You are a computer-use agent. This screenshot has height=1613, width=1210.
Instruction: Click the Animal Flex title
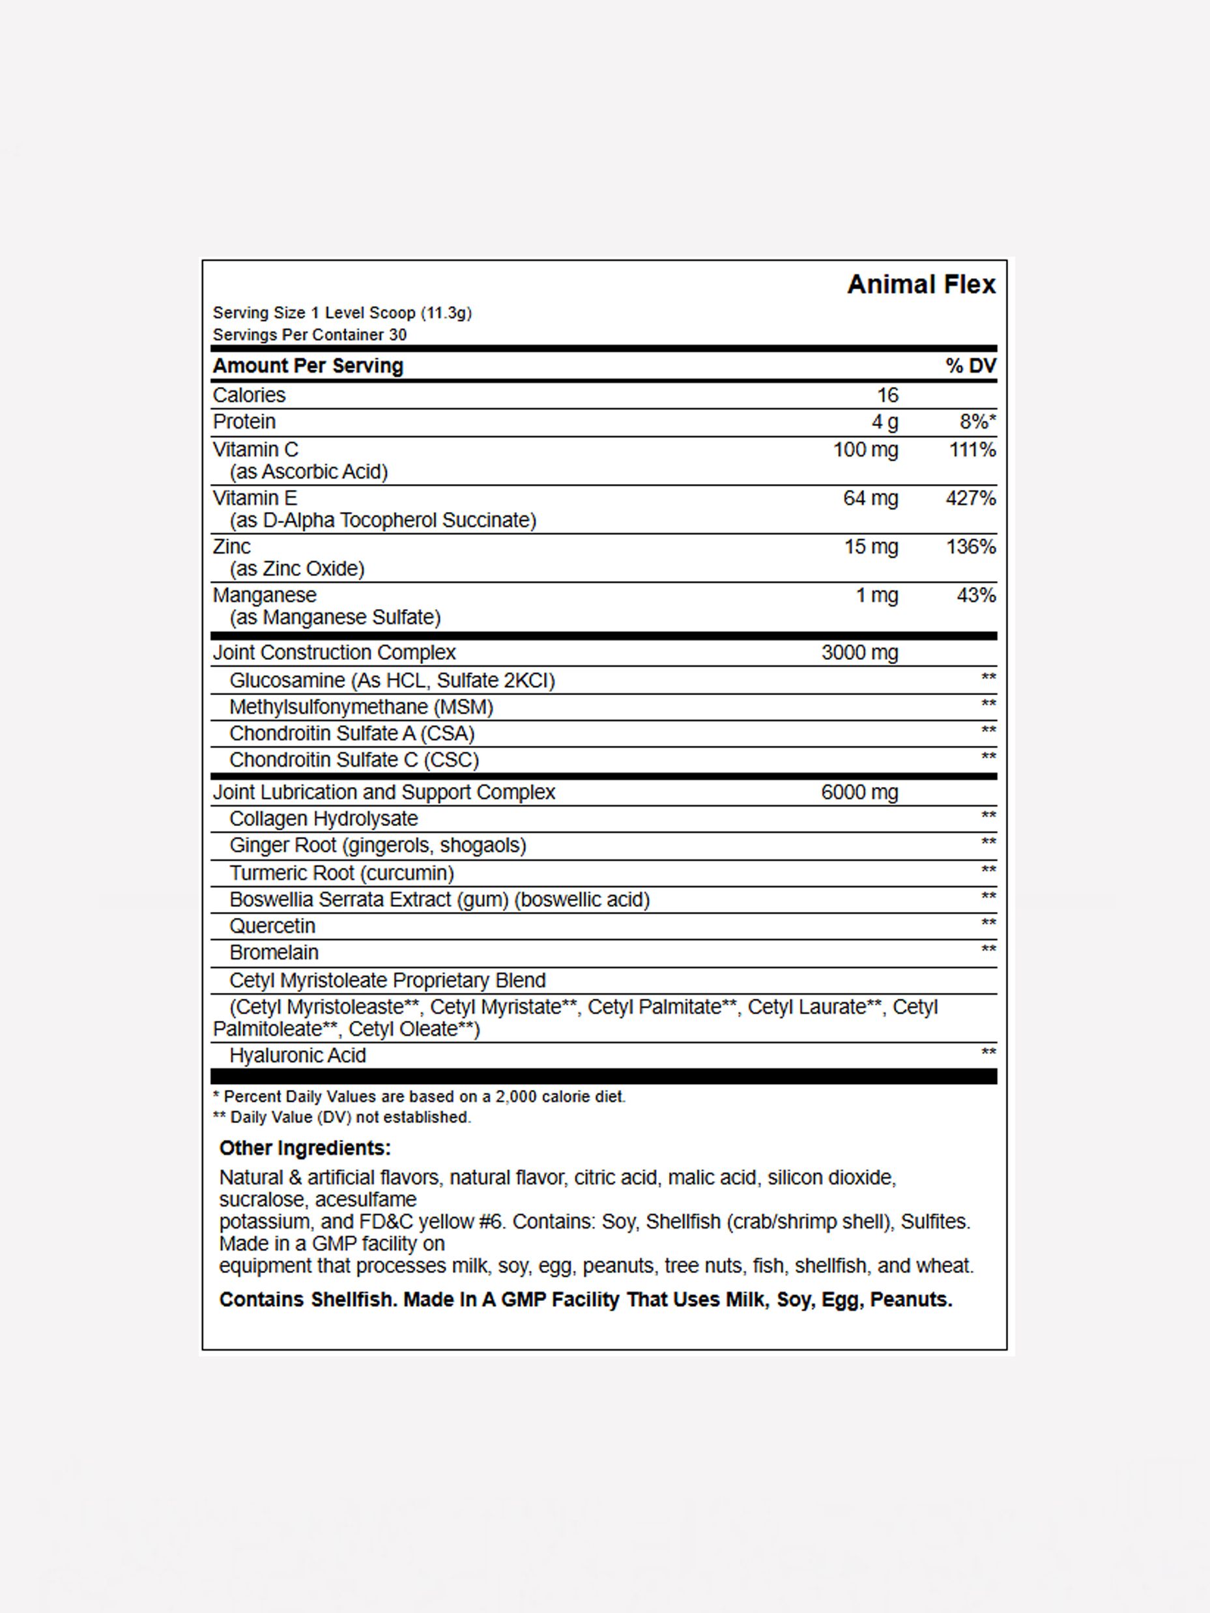pyautogui.click(x=921, y=285)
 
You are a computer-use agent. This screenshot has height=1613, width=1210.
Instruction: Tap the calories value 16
pyautogui.click(x=887, y=395)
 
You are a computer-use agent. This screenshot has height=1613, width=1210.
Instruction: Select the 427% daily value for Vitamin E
pyautogui.click(x=970, y=499)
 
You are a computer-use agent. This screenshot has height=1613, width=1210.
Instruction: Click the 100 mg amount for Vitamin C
pyautogui.click(x=865, y=450)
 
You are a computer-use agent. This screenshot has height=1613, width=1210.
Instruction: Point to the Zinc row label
pyautogui.click(x=231, y=547)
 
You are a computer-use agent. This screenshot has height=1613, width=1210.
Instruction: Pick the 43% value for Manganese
pyautogui.click(x=976, y=596)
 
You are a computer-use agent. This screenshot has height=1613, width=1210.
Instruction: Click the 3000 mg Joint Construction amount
pyautogui.click(x=859, y=653)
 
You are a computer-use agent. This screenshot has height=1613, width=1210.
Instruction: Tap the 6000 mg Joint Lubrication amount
pyautogui.click(x=859, y=793)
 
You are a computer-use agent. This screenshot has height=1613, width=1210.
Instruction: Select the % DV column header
pyautogui.click(x=970, y=366)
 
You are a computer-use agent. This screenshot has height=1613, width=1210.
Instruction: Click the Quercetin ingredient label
pyautogui.click(x=272, y=926)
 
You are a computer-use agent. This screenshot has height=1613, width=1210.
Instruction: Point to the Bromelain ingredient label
pyautogui.click(x=274, y=953)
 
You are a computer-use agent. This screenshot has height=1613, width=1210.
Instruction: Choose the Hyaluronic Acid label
pyautogui.click(x=298, y=1056)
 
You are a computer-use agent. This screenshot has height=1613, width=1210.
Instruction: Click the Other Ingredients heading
pyautogui.click(x=305, y=1149)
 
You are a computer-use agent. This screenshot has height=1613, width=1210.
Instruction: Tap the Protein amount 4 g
pyautogui.click(x=885, y=422)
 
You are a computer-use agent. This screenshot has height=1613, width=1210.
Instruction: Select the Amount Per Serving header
pyautogui.click(x=308, y=366)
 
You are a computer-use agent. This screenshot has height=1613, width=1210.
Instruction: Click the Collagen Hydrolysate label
pyautogui.click(x=323, y=819)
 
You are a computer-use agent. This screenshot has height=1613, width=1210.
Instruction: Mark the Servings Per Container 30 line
pyautogui.click(x=310, y=335)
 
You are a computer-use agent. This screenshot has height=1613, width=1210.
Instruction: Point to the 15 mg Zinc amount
pyautogui.click(x=871, y=547)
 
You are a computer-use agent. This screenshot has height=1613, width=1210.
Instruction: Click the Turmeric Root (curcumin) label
pyautogui.click(x=341, y=873)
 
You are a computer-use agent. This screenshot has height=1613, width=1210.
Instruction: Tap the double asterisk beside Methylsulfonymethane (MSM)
pyautogui.click(x=988, y=704)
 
